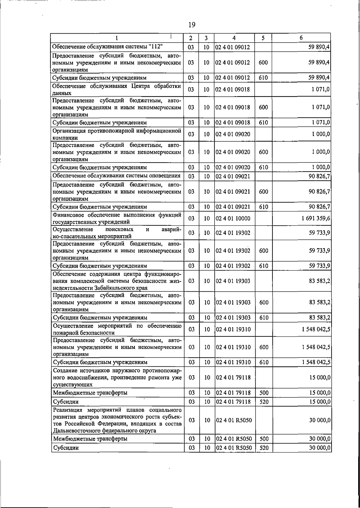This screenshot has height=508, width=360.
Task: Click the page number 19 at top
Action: point(192,25)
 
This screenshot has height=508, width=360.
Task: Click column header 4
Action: point(234,38)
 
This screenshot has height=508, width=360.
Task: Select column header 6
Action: point(301,38)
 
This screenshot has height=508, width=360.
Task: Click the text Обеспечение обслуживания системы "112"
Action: point(107,47)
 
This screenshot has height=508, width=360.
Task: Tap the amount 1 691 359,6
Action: point(316,218)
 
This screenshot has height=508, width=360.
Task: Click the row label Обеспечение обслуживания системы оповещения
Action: point(116,176)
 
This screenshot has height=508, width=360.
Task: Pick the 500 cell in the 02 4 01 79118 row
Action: point(264,393)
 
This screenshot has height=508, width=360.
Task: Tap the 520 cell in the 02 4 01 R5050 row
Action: point(264,448)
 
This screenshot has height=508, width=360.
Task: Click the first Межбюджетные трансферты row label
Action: point(90,393)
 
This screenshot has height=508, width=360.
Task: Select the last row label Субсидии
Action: point(66,448)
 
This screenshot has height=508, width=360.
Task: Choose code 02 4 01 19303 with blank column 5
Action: point(233,281)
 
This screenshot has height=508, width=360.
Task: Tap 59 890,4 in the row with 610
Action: point(319,78)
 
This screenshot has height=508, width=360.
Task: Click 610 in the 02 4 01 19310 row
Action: point(264,362)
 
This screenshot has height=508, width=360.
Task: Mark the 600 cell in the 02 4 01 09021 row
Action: point(263,191)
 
